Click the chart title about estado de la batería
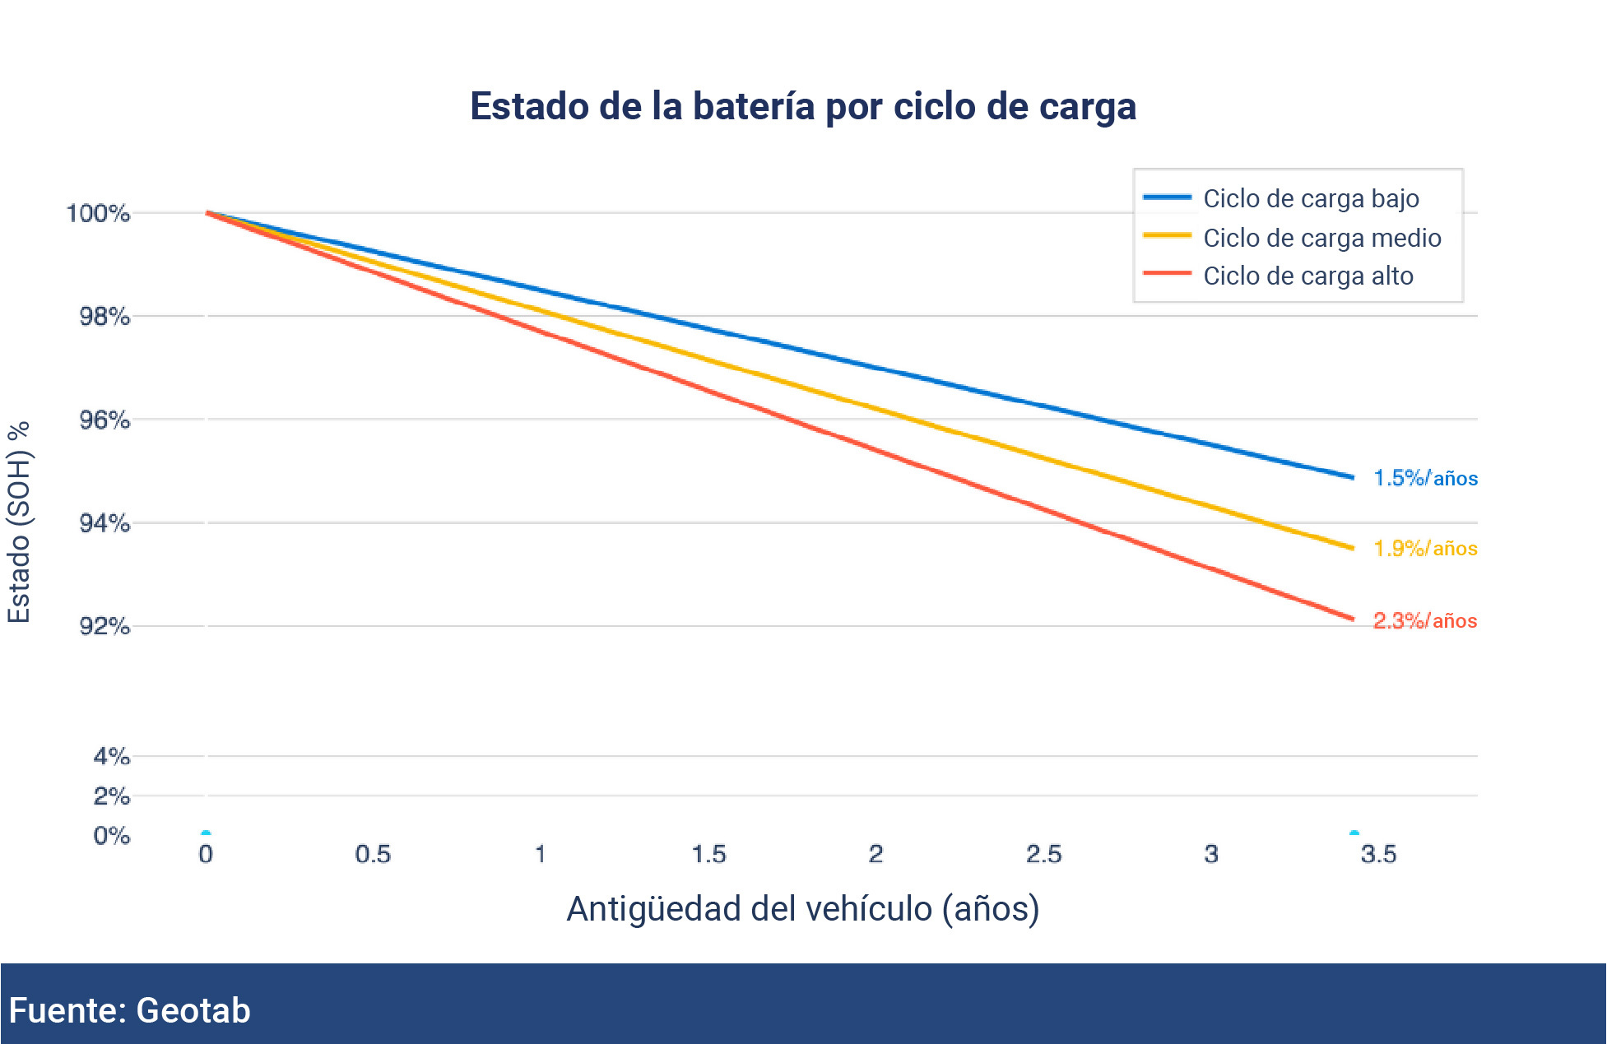[802, 107]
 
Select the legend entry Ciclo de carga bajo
[1310, 199]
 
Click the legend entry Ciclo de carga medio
[1321, 238]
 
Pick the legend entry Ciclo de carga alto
[1307, 276]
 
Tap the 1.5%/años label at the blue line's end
[1425, 478]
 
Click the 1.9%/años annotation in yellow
[1425, 549]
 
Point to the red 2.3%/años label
[1424, 621]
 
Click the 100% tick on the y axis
[98, 214]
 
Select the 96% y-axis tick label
[105, 420]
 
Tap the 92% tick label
[105, 627]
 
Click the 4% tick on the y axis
[111, 756]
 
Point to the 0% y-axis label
[111, 836]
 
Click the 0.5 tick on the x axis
[373, 854]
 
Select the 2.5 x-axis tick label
[1043, 854]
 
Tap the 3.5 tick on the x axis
[1378, 854]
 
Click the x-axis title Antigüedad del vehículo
[802, 909]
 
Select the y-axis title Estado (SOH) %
[19, 522]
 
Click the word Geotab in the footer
[193, 1010]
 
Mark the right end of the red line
[1352, 619]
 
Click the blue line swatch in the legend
[1167, 197]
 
